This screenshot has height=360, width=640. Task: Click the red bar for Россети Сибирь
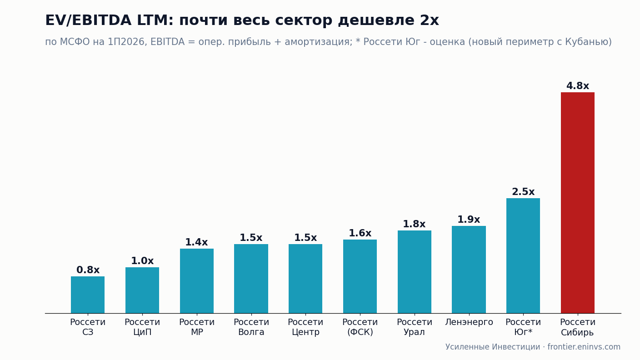click(577, 203)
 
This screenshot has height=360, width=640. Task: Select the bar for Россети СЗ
click(88, 295)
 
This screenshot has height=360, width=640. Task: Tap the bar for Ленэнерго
click(469, 270)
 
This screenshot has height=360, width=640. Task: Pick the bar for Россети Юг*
click(523, 256)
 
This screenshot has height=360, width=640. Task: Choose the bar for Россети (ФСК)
click(360, 276)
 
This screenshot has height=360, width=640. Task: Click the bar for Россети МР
click(196, 281)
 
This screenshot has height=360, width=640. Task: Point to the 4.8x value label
click(577, 86)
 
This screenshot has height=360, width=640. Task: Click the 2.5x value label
click(523, 192)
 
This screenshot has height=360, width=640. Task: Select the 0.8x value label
click(88, 270)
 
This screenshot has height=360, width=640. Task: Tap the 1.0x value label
click(142, 260)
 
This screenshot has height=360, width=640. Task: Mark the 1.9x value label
click(469, 220)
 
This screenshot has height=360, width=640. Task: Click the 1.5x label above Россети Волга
click(251, 237)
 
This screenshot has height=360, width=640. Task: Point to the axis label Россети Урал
click(414, 327)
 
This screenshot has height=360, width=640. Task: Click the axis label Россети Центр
click(305, 327)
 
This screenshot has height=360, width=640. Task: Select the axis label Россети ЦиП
click(142, 327)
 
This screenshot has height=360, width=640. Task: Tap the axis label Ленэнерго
click(469, 322)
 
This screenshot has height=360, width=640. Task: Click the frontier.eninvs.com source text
click(584, 347)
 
